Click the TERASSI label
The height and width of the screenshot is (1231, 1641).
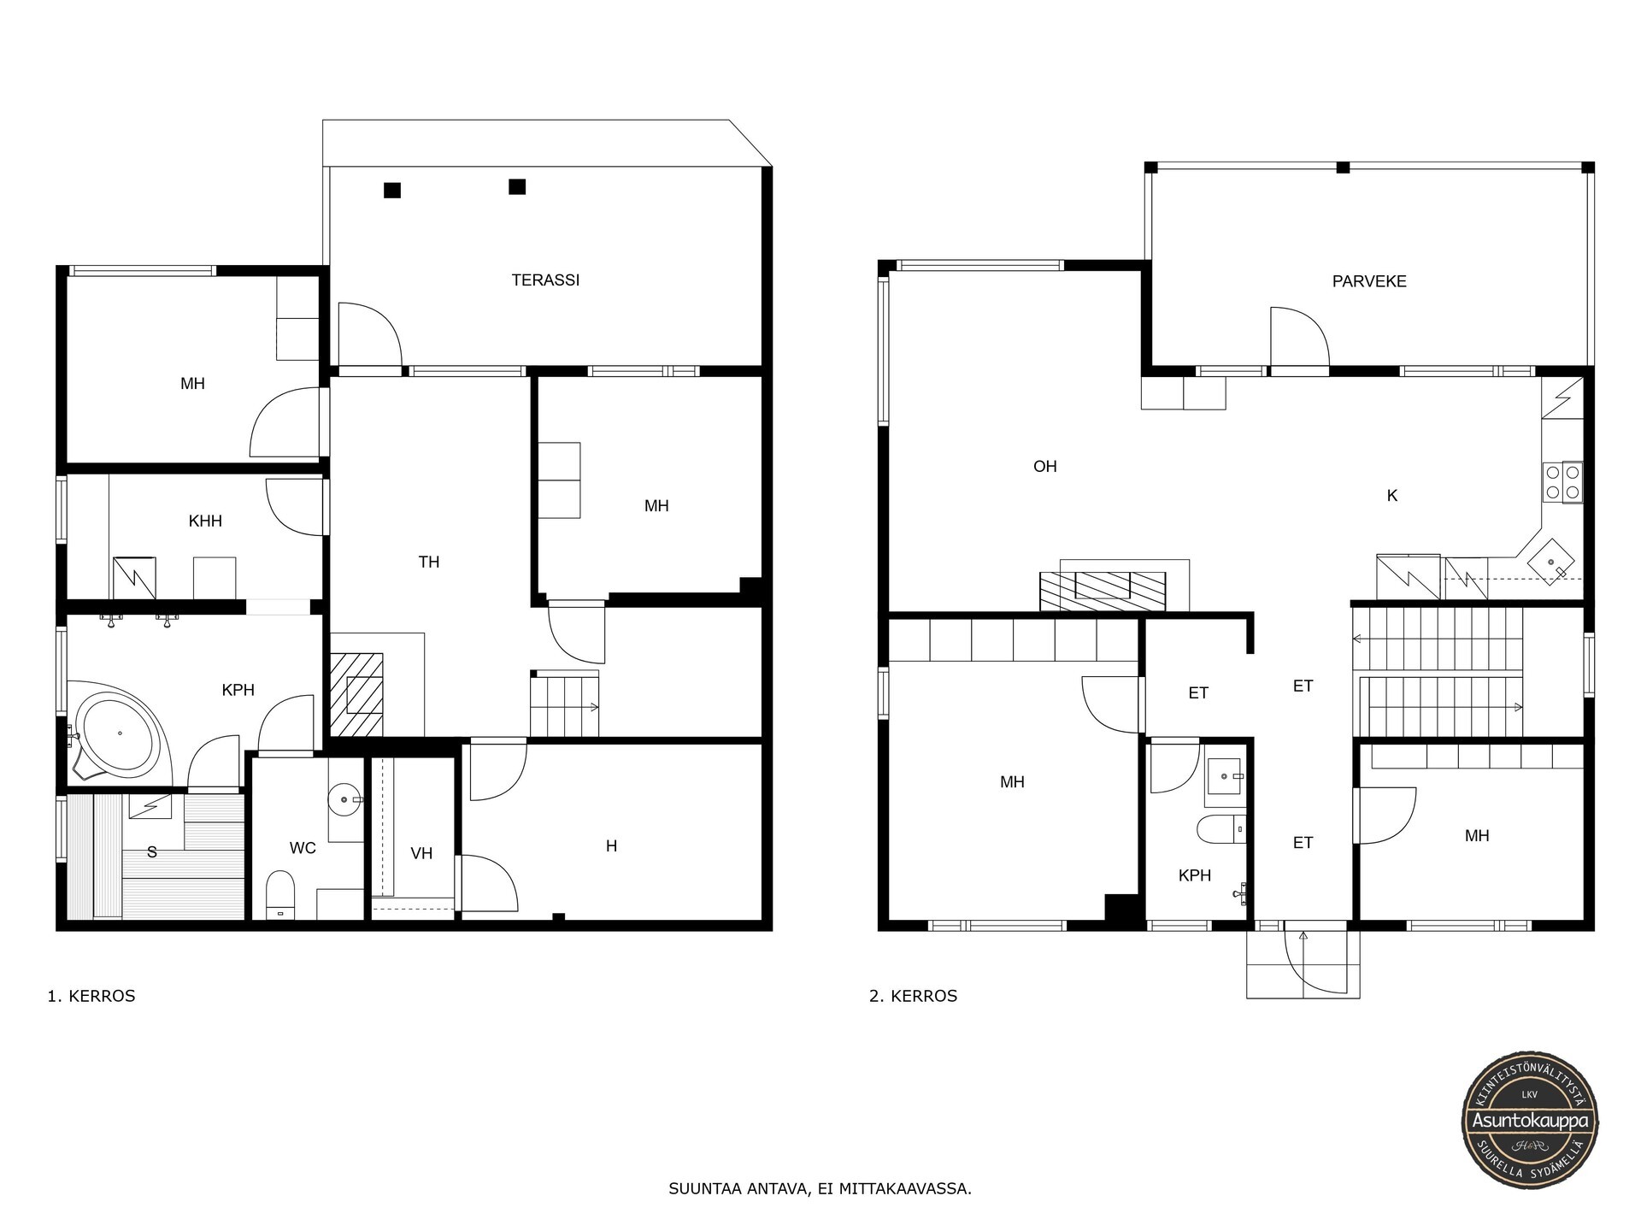pos(545,280)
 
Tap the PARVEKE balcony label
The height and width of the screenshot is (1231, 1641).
pos(1369,281)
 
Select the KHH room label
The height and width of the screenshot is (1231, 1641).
pos(205,521)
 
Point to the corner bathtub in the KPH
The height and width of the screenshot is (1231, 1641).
pos(120,733)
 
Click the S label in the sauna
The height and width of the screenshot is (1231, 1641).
pos(152,852)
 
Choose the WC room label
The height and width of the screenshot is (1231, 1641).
pos(303,848)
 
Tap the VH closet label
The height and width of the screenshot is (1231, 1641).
pos(421,853)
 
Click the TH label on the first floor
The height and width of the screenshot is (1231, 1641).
pos(429,562)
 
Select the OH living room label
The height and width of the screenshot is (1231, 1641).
pos(1045,466)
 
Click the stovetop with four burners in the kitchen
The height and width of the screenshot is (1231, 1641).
pos(1562,482)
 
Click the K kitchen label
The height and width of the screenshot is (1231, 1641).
pos(1392,495)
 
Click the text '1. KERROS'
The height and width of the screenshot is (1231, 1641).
pos(91,996)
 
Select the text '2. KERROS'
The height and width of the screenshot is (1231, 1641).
pos(914,996)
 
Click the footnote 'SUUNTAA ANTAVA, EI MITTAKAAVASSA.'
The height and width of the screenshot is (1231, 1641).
pos(820,1189)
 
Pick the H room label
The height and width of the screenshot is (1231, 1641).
pos(611,846)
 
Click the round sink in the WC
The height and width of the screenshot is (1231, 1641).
pos(346,799)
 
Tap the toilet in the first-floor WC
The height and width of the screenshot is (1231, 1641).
pos(280,894)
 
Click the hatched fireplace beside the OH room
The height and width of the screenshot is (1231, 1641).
pos(1103,590)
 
